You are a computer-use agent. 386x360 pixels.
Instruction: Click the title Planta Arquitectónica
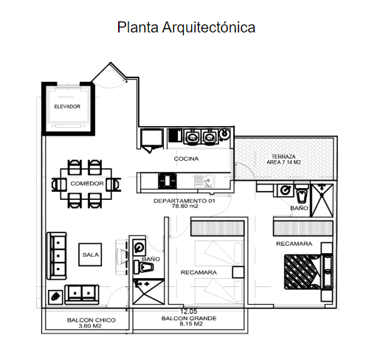186,27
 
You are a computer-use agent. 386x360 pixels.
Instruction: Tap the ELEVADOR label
67,107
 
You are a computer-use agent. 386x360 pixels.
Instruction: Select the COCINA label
186,159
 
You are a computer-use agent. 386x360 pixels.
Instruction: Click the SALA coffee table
91,255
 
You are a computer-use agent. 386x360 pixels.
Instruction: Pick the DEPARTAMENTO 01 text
185,201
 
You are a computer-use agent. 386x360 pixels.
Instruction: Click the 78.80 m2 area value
185,207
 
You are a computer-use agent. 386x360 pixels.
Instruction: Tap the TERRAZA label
283,156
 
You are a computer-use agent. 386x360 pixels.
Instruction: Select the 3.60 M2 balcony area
89,325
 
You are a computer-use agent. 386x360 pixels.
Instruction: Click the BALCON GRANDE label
189,318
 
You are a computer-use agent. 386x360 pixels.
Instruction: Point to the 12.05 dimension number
189,311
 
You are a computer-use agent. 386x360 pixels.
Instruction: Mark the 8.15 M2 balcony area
189,325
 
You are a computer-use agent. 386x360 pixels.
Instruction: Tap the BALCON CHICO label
89,319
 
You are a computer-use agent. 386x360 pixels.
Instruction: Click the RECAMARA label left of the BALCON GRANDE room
199,272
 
